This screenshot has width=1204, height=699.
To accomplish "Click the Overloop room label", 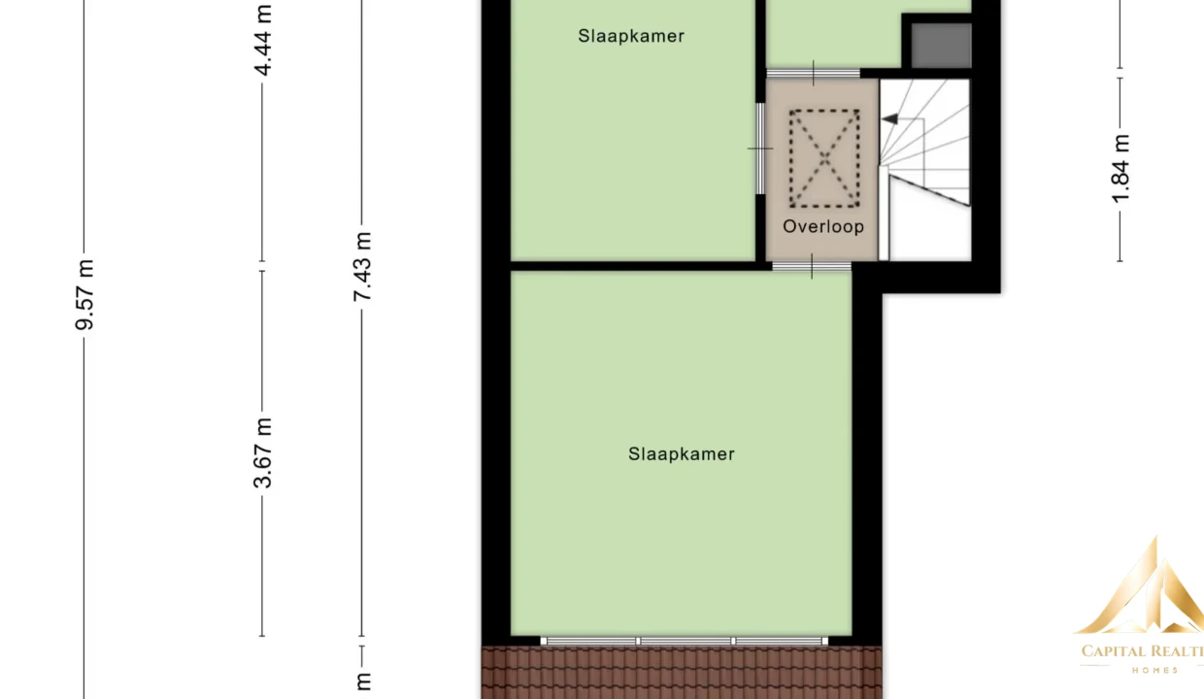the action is tap(823, 227).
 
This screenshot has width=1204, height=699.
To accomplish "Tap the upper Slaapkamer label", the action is tap(631, 36).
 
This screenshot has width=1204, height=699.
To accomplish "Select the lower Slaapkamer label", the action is tap(681, 454).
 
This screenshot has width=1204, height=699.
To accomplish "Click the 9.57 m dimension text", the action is tap(84, 294).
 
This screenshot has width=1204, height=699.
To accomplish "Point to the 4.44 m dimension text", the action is tap(263, 41).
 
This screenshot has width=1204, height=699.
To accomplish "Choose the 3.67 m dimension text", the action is tap(263, 453).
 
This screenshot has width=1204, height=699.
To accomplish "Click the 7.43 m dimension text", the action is tap(362, 266).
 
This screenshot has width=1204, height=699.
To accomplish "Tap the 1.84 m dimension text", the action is tap(1120, 169).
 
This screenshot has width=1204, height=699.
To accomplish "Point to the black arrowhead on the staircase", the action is tap(889, 118).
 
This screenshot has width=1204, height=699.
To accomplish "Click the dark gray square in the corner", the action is tap(941, 46).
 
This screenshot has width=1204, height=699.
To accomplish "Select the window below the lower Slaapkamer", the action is tap(685, 641).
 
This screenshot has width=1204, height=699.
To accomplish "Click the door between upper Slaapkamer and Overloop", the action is tap(760, 149).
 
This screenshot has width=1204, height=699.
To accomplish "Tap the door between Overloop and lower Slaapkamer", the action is tap(812, 266).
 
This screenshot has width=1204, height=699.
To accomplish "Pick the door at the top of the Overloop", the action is tap(814, 74).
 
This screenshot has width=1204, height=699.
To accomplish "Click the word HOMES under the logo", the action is tap(1155, 671).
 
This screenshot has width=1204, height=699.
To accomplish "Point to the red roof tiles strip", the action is tap(682, 673).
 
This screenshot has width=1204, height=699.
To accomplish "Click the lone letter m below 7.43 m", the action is tap(363, 682).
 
